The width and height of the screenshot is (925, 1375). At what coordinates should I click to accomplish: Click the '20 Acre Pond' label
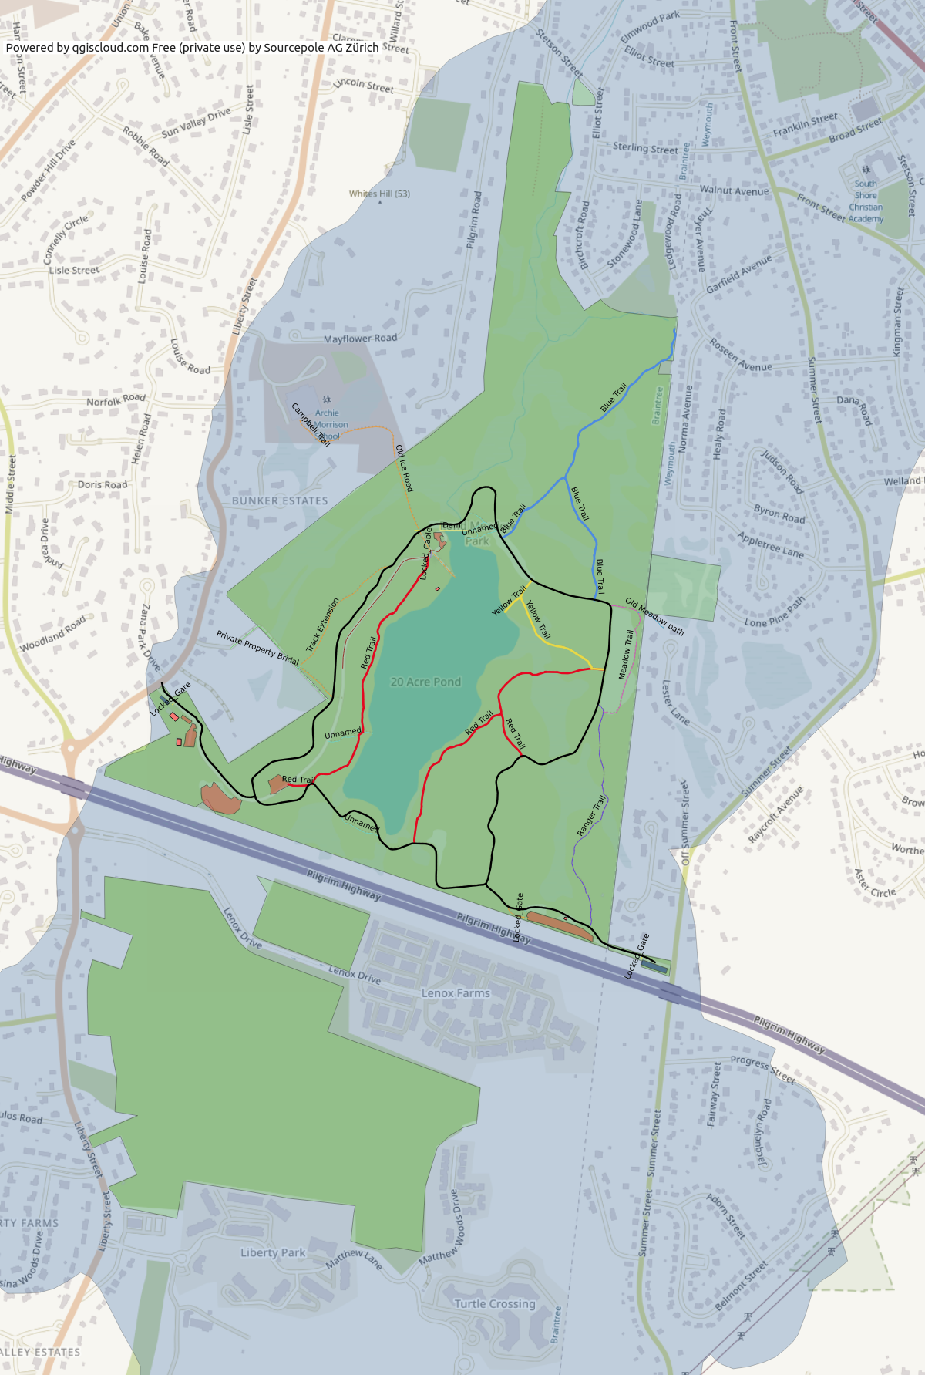click(x=425, y=682)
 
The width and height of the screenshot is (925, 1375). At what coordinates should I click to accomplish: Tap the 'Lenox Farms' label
click(x=456, y=993)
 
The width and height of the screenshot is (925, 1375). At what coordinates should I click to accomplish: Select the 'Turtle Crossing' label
click(x=494, y=1303)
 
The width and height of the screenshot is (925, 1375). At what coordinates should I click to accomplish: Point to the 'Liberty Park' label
click(x=273, y=1252)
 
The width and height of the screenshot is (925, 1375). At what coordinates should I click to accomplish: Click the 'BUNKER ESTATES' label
click(x=280, y=500)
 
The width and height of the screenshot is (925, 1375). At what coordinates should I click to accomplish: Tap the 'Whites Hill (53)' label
click(x=379, y=194)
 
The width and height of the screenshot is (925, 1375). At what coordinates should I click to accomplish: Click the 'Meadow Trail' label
click(x=626, y=655)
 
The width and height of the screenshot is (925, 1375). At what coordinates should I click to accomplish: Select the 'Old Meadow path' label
click(x=654, y=616)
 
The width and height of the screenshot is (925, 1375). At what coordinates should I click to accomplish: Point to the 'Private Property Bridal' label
click(x=257, y=647)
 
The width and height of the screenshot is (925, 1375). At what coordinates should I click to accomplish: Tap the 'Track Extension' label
click(x=322, y=625)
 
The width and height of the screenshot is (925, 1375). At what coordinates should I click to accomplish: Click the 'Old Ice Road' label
click(x=404, y=468)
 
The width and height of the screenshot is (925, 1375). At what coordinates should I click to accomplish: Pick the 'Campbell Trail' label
click(x=311, y=425)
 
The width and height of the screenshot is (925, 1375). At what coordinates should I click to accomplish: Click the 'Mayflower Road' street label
click(x=360, y=338)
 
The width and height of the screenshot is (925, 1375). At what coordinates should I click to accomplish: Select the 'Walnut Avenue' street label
click(x=734, y=190)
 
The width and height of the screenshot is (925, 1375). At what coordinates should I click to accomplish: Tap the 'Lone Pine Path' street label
click(x=775, y=612)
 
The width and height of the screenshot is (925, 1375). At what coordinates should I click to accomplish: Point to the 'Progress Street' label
click(x=762, y=1070)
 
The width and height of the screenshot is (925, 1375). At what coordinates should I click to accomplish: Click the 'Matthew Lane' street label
click(x=354, y=1259)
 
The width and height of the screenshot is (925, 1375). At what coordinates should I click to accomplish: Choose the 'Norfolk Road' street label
click(x=116, y=399)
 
